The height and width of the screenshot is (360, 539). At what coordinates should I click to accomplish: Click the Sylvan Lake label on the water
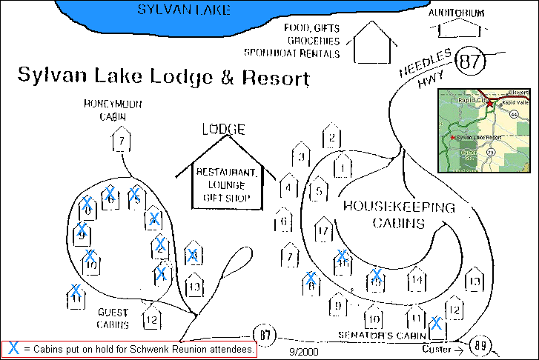(x=184, y=10)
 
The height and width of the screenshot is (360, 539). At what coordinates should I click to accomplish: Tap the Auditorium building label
(x=457, y=13)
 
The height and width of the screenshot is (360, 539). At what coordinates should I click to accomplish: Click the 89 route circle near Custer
(x=481, y=344)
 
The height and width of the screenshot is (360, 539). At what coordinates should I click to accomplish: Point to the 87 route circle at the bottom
(x=265, y=335)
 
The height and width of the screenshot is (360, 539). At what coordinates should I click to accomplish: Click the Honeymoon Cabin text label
(x=112, y=110)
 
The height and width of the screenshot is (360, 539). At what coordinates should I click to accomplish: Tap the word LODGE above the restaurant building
(x=223, y=129)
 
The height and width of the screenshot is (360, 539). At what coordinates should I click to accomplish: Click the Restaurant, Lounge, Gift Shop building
(x=226, y=185)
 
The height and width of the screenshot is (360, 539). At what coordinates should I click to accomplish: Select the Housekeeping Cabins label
(x=398, y=215)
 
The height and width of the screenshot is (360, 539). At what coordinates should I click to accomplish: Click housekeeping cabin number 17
(x=323, y=230)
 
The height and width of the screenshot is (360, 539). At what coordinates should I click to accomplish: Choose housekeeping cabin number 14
(x=417, y=280)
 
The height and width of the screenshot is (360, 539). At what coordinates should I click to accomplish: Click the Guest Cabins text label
(x=113, y=319)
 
